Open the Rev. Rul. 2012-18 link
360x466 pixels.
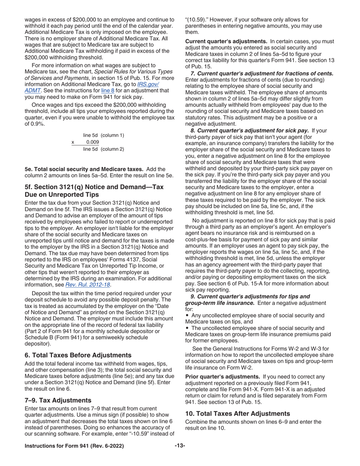[x=88, y=285]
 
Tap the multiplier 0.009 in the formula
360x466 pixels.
[x=92, y=142]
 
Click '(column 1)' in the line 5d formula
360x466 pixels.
[x=112, y=135]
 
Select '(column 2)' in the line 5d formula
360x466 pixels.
[x=112, y=149]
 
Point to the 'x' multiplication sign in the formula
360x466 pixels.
[x=73, y=142]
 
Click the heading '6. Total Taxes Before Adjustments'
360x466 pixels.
[x=78, y=355]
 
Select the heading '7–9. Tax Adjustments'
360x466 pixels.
[x=58, y=400]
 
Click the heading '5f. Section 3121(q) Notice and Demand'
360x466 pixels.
[x=94, y=191]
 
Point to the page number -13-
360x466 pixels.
[x=180, y=446]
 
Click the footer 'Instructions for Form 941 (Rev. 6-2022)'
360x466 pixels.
[x=74, y=446]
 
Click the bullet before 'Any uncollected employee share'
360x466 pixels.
[x=187, y=316]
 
